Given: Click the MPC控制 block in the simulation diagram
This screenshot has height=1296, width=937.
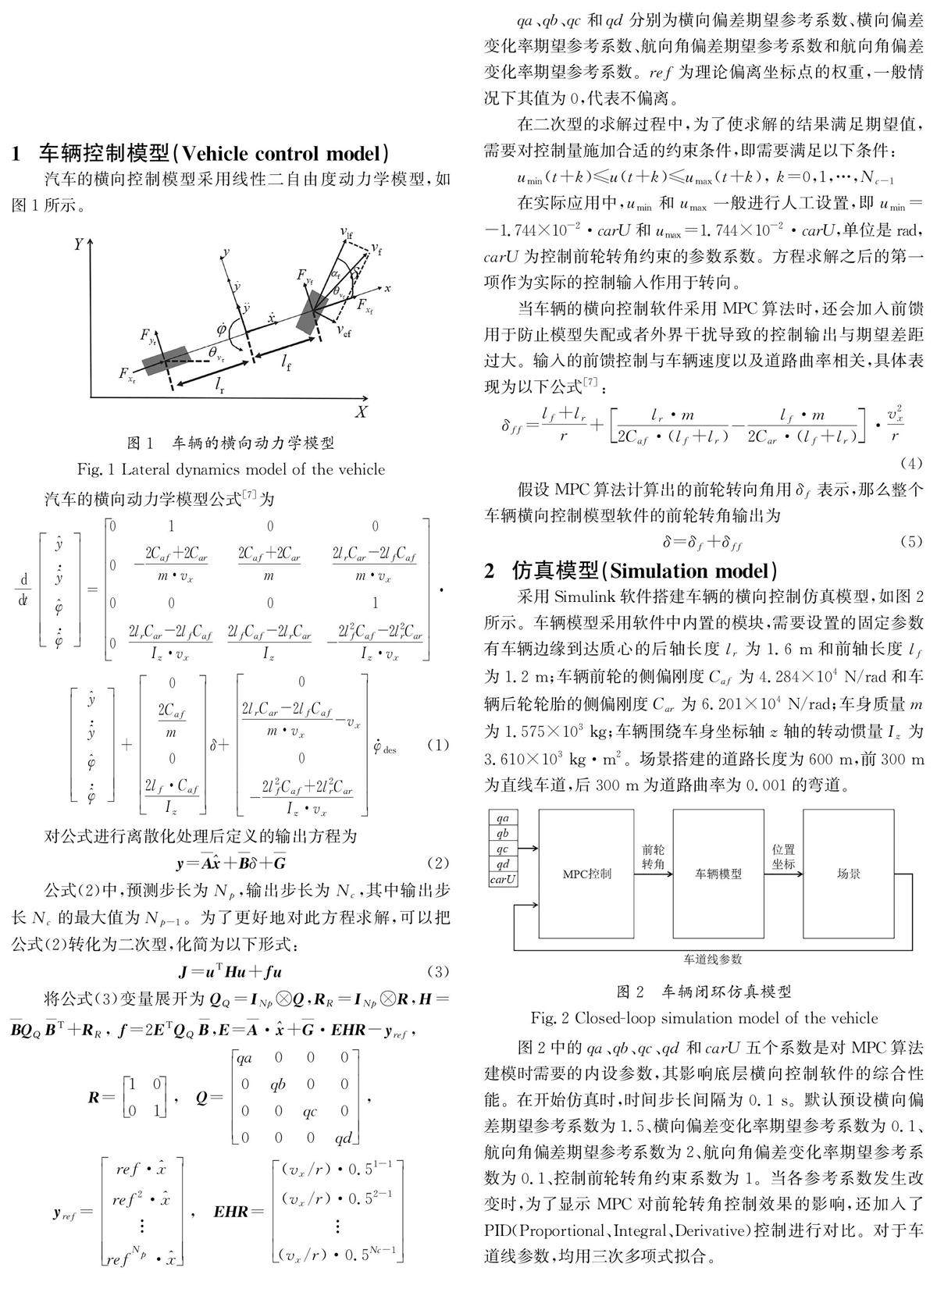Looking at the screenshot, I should click(586, 873).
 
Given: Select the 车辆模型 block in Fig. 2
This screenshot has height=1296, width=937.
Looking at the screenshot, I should click(718, 873).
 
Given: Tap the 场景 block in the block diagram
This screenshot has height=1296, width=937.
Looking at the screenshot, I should click(848, 873).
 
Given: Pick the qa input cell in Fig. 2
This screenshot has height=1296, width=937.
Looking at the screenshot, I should click(503, 817).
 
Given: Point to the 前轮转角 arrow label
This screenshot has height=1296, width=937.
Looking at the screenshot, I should click(653, 856).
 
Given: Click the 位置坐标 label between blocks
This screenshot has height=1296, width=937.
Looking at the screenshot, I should click(783, 856).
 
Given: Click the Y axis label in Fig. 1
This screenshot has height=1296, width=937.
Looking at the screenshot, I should click(79, 244).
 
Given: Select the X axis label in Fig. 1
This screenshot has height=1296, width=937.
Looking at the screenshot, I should click(361, 411).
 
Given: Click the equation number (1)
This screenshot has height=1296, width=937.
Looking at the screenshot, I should click(438, 745).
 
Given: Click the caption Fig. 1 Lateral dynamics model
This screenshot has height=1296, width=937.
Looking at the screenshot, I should click(231, 469).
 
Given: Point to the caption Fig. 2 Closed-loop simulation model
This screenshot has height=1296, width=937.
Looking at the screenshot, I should click(704, 1018).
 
